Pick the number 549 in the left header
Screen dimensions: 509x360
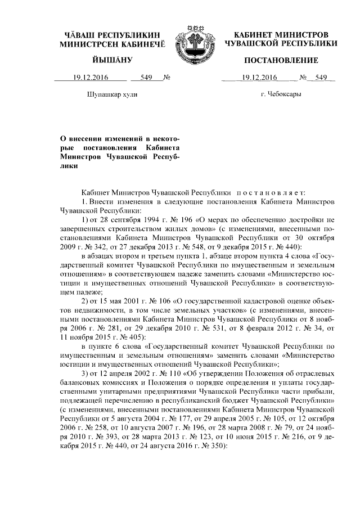coord(147,78)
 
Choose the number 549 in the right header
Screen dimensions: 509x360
coord(321,78)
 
